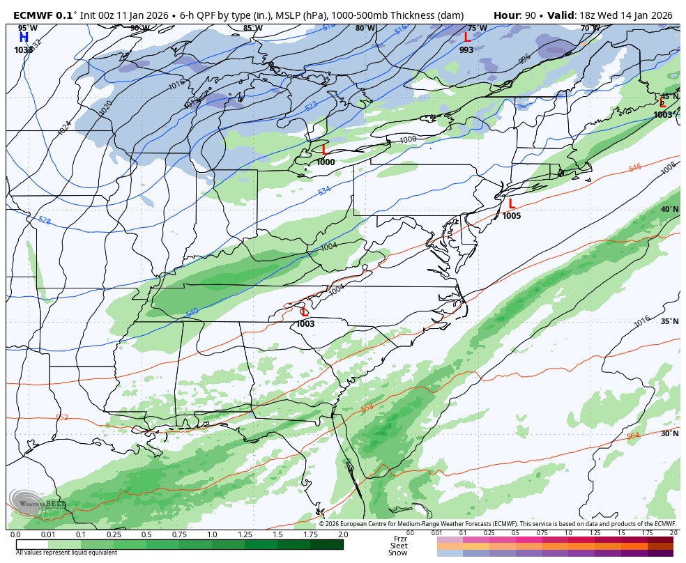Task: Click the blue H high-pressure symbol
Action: coord(24,37)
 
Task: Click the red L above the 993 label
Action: coord(467,37)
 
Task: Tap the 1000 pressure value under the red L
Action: coord(325,162)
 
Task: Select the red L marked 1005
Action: coord(512,203)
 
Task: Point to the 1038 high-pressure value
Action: coord(24,50)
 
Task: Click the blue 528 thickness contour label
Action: coord(45,220)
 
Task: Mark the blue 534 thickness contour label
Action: coord(324,191)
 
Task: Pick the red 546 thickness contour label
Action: coord(634,168)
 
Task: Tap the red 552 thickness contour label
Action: coord(62,417)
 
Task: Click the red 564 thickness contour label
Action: coord(632,436)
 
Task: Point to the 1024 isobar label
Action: coord(64,128)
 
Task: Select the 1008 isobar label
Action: coord(668,168)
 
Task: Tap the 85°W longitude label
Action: coord(252,29)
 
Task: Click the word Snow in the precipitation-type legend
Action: coord(398,553)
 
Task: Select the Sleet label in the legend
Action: coord(398,546)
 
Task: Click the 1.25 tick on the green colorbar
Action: coord(245,534)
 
